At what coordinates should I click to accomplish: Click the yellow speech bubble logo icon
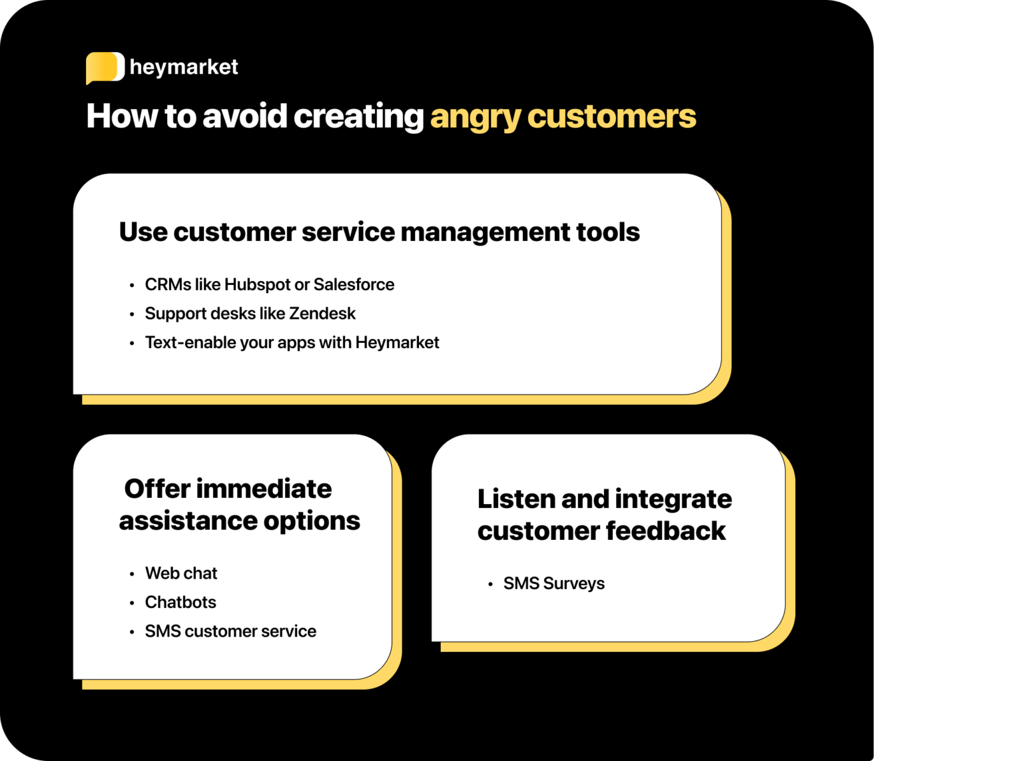coord(105,67)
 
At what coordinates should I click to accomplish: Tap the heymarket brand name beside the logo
coord(184,67)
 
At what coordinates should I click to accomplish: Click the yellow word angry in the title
coord(475,117)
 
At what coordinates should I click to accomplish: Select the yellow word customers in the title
coord(611,117)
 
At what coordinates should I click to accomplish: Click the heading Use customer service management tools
coord(379,232)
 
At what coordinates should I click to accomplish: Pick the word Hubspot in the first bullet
coord(257,285)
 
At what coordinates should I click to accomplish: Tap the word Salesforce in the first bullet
coord(354,285)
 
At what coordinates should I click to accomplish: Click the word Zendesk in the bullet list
coord(322,314)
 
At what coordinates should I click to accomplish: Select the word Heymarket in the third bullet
coord(397,343)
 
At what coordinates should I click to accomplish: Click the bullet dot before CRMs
coord(132,286)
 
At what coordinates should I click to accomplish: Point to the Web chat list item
coord(181,573)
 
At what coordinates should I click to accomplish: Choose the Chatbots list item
coord(180,603)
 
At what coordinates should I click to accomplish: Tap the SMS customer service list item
coord(230,631)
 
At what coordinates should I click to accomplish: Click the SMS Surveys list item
coord(553,584)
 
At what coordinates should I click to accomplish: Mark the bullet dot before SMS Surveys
coord(490,585)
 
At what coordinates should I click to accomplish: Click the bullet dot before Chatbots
coord(132,603)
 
